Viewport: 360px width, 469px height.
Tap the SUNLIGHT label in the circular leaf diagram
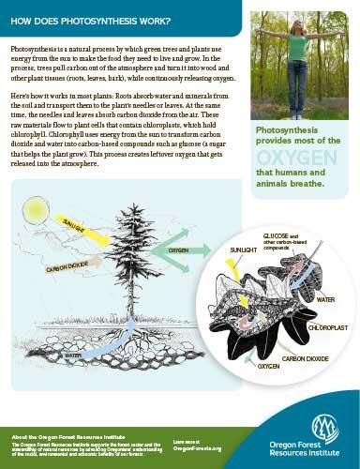[244, 250]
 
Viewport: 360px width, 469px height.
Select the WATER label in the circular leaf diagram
[326, 299]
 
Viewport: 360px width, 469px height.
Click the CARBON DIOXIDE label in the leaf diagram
[307, 357]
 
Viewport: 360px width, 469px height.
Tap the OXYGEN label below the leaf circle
[269, 368]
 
